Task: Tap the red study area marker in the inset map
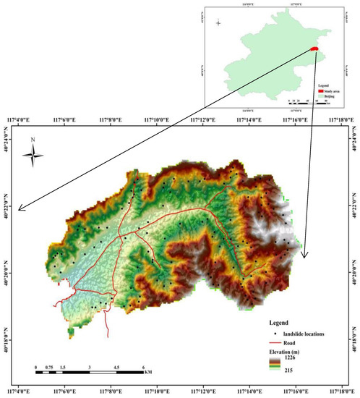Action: pos(315,49)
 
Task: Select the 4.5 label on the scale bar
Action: pos(118,367)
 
